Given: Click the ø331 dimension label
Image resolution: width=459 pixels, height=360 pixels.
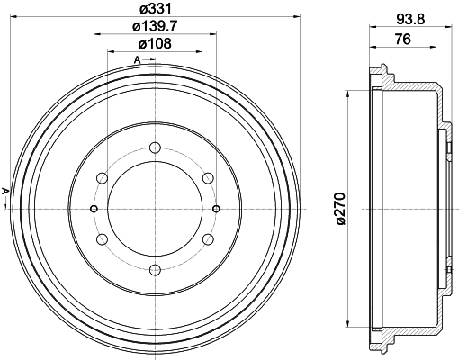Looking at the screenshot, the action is [x=156, y=9].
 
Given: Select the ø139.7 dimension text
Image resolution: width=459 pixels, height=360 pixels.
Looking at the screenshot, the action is [x=155, y=27].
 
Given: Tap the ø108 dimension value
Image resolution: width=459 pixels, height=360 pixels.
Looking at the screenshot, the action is [x=155, y=44].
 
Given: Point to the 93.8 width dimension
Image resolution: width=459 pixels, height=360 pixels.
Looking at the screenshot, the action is [x=410, y=20].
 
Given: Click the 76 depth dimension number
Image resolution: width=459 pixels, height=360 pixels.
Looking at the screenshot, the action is [x=402, y=40].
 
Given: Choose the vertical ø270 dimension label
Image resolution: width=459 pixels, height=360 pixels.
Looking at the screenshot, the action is [x=341, y=209].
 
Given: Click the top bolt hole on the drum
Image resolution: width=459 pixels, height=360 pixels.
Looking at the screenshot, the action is [x=155, y=148].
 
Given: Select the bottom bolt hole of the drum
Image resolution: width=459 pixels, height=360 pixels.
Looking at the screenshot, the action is [x=155, y=270].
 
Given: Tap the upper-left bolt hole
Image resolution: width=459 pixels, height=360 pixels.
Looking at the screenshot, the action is [x=102, y=178].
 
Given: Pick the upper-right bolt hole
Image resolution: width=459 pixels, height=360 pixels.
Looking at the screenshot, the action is [x=208, y=178].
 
